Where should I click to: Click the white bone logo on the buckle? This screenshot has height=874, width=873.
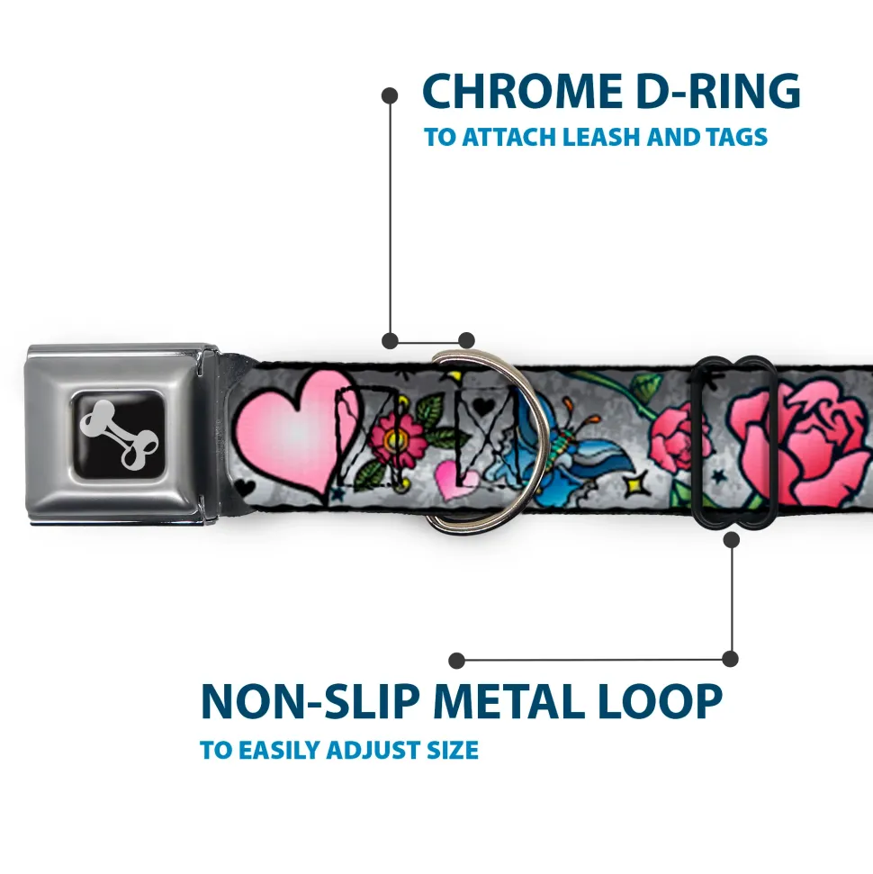pyautogui.click(x=119, y=434)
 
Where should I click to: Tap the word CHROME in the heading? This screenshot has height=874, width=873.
pyautogui.click(x=523, y=92)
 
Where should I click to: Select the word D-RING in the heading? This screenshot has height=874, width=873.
pyautogui.click(x=718, y=92)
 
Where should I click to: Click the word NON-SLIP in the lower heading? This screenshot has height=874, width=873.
pyautogui.click(x=310, y=700)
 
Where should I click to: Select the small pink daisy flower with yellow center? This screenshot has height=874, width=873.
pyautogui.click(x=397, y=439)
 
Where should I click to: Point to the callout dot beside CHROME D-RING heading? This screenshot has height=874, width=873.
pyautogui.click(x=390, y=95)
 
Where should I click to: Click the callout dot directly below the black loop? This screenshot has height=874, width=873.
pyautogui.click(x=731, y=539)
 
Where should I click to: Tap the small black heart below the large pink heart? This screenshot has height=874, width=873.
pyautogui.click(x=245, y=487)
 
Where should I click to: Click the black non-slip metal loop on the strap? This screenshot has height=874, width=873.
pyautogui.click(x=732, y=443)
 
